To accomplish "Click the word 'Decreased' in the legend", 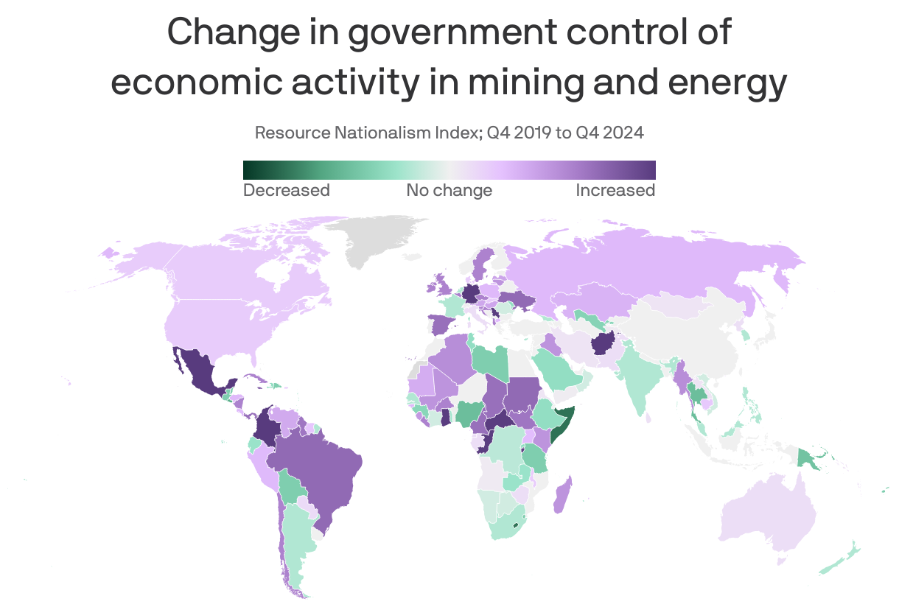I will click(286, 190).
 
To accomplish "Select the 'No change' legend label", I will click(449, 190).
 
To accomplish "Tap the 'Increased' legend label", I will click(615, 190).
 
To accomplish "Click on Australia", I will click(770, 516).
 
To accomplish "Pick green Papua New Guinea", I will click(810, 460).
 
